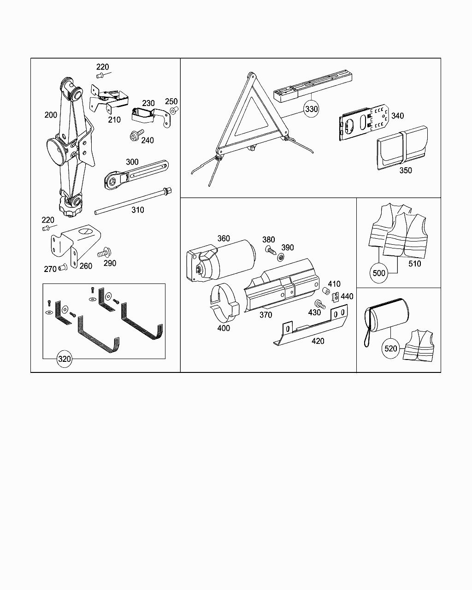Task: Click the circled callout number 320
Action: coord(65,360)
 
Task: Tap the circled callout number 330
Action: coord(312,109)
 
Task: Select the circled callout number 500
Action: coord(378,273)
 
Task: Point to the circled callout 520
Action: coord(390,348)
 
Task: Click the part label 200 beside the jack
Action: coord(51,115)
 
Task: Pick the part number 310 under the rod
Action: coord(137,210)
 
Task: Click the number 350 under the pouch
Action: coord(406,171)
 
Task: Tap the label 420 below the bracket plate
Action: coord(318,341)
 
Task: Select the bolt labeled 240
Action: coord(135,136)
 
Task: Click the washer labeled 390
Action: coord(281,257)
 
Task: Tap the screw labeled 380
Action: coord(270,250)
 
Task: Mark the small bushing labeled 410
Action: coord(325,291)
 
